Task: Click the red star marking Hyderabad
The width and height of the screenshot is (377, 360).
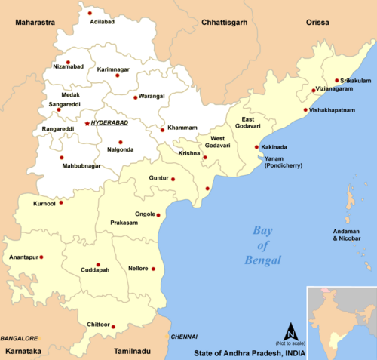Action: (x=87, y=122)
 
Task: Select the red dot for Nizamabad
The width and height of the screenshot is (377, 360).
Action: (x=68, y=62)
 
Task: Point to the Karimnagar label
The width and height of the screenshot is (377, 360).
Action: (x=114, y=69)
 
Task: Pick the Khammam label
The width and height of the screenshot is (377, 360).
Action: (x=182, y=128)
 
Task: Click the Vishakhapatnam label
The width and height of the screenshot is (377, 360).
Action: (x=332, y=109)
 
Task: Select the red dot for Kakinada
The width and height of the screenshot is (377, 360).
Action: (x=256, y=147)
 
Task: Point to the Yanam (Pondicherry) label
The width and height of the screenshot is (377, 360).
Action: (x=283, y=162)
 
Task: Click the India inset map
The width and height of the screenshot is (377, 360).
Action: (x=339, y=321)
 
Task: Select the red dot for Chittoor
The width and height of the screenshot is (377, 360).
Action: (x=113, y=327)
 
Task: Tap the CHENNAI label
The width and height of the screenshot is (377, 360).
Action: (x=184, y=336)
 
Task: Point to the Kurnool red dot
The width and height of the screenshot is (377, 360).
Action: (x=61, y=202)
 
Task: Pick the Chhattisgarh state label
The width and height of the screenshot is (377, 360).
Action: (x=223, y=23)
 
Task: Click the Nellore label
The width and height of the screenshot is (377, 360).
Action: (x=137, y=269)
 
